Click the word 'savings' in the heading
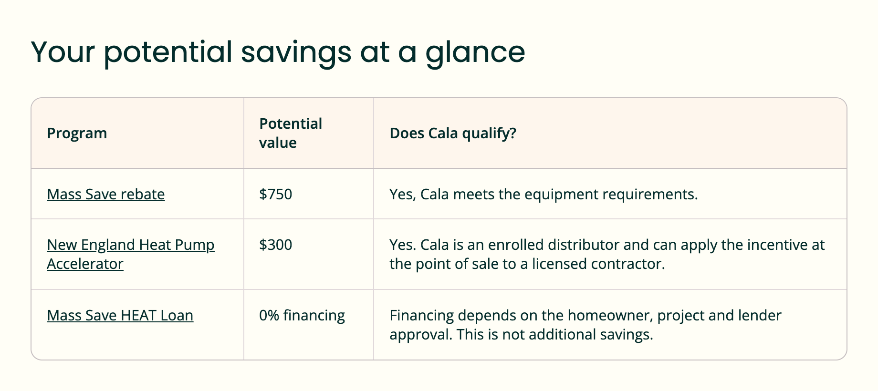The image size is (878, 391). tap(296, 52)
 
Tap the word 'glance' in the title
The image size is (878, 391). tap(475, 52)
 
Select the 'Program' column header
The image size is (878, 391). tap(77, 134)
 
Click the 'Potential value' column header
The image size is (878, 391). tap(291, 133)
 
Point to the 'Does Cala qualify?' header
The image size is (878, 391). tap(453, 134)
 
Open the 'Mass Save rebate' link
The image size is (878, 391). tap(106, 194)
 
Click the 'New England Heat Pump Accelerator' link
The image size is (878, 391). tap(131, 254)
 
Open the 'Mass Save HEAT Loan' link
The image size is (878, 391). tap(120, 315)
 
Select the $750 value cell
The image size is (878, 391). tap(276, 194)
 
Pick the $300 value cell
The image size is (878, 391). tap(276, 245)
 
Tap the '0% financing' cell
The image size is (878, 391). tap(302, 316)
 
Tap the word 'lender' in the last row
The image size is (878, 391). tap(760, 315)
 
